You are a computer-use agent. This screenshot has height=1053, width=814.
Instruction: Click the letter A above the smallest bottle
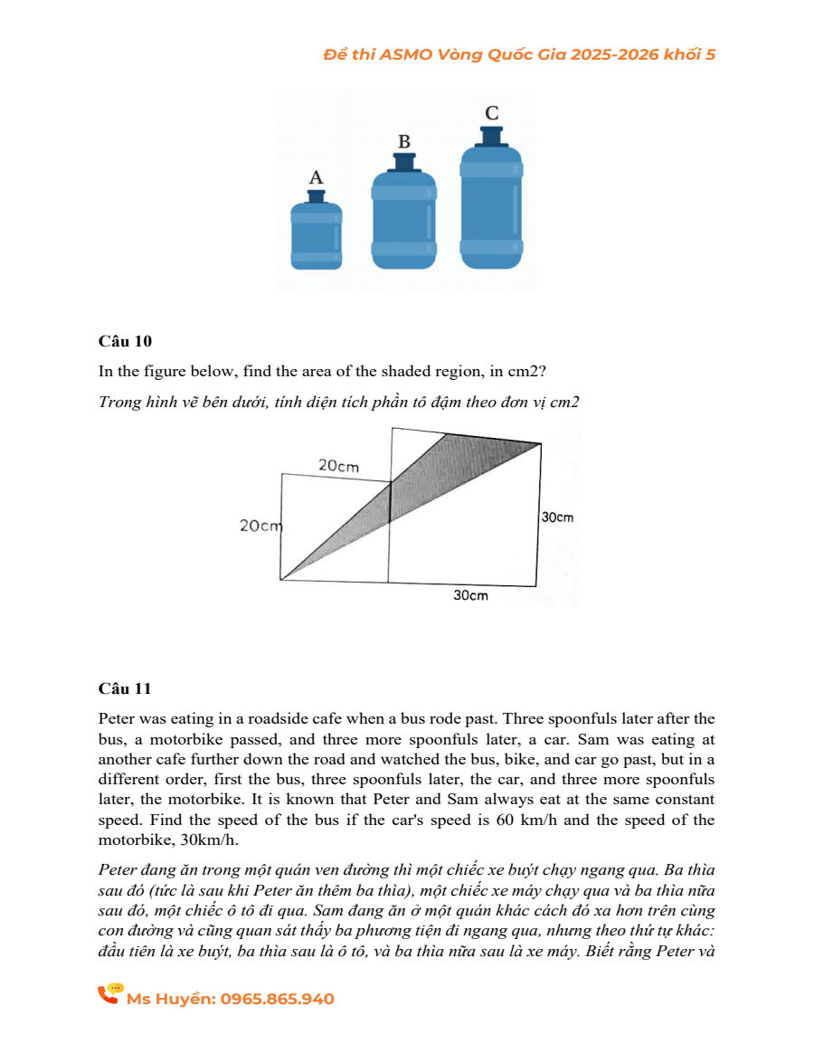point(316,177)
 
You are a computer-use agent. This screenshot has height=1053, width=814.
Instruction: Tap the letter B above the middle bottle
point(404,142)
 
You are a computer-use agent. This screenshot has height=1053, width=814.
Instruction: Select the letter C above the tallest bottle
point(491,113)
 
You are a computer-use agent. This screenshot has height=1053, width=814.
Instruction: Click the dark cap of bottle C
point(491,135)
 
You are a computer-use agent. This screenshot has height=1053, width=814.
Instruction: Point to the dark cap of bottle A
point(316,195)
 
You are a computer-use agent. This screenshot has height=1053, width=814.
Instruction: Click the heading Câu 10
point(125,341)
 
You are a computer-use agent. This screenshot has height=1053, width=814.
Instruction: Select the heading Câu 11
point(125,688)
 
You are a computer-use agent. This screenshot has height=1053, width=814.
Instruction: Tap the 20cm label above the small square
point(339,466)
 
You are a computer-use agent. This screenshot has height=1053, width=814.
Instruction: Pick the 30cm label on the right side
point(557,517)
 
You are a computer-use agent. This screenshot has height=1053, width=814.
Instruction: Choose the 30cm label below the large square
point(470,595)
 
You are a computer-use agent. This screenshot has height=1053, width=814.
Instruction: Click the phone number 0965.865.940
point(278,999)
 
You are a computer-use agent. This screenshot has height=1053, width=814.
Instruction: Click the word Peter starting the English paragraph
point(117,720)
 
